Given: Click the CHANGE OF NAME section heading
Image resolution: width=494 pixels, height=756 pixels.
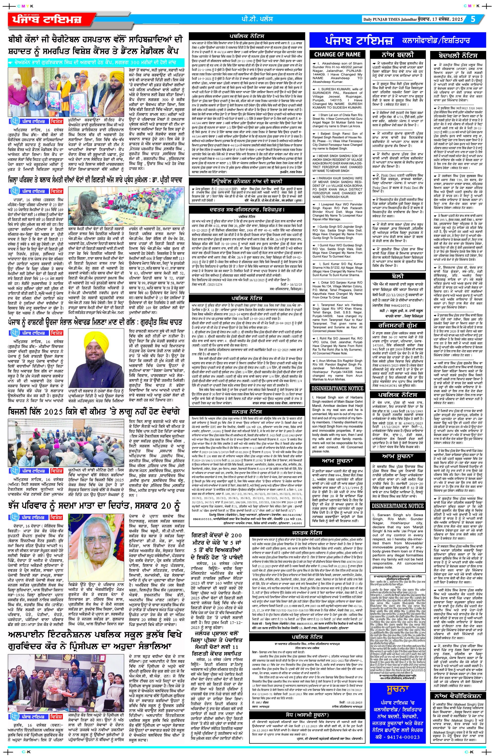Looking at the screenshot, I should click(x=337, y=55).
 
